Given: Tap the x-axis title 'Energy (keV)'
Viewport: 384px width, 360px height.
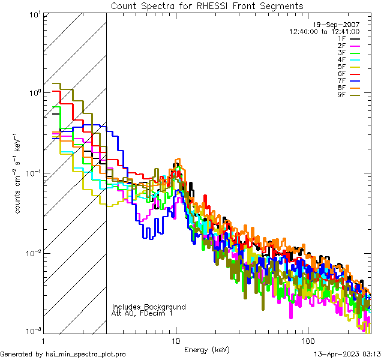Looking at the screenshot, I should click(x=206, y=349).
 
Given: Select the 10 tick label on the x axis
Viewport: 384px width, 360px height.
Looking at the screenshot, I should click(x=175, y=340).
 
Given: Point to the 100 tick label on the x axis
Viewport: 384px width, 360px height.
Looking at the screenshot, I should click(x=307, y=340).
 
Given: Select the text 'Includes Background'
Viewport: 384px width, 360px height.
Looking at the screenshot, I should click(x=149, y=307).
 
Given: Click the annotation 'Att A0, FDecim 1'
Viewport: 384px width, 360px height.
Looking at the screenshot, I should click(x=142, y=313).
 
